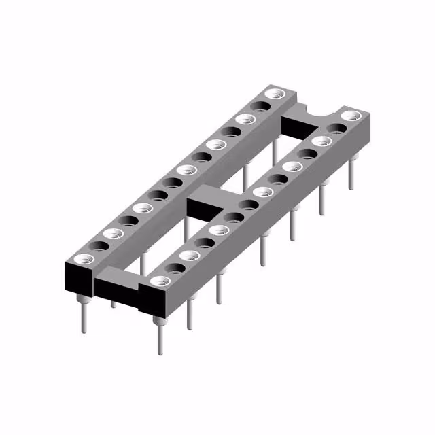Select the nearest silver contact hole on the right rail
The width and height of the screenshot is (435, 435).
point(158,281)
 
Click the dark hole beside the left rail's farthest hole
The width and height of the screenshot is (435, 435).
point(259,106)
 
